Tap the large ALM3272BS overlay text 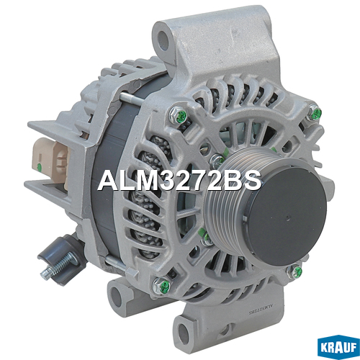(x=179, y=181)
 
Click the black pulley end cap (x=286, y=215)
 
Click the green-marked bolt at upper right (x=315, y=113)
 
